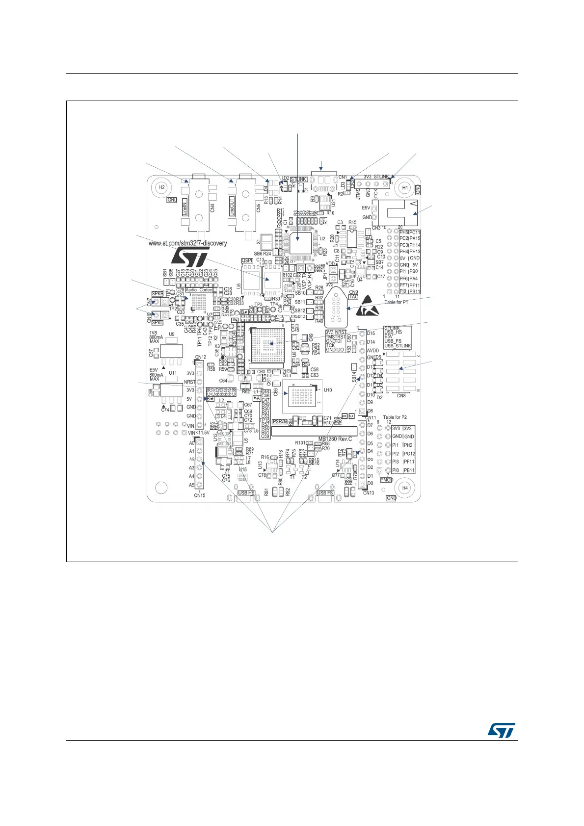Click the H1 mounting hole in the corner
pyautogui.click(x=405, y=187)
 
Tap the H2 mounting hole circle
pyautogui.click(x=161, y=187)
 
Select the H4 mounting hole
pyautogui.click(x=405, y=488)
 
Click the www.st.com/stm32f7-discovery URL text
pyautogui.click(x=187, y=243)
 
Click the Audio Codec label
pyautogui.click(x=199, y=290)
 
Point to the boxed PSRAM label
pyautogui.click(x=279, y=421)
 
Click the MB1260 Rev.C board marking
pyautogui.click(x=335, y=439)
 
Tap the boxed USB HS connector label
pyautogui.click(x=246, y=493)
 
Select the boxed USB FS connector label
pyautogui.click(x=325, y=493)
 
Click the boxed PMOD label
pyautogui.click(x=387, y=479)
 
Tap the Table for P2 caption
pyautogui.click(x=395, y=417)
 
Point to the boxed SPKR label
pyautogui.click(x=157, y=293)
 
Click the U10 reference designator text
pyautogui.click(x=328, y=390)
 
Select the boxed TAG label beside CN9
pyautogui.click(x=353, y=297)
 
